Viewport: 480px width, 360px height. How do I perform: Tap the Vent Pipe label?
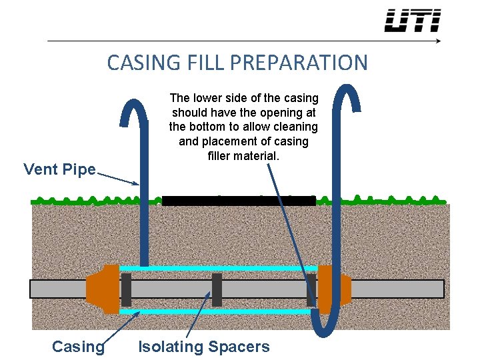pos(59,169)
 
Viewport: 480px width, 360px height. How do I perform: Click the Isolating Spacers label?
pos(203,347)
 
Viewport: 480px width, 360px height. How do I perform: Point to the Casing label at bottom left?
pos(78,347)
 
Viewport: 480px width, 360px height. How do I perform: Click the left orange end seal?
pos(102,289)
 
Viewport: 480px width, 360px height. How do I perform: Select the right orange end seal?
pos(333,289)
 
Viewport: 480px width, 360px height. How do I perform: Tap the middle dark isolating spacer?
pos(217,289)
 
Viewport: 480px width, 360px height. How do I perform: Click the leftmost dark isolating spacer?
pos(126,289)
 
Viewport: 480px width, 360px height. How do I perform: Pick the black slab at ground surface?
pos(239,201)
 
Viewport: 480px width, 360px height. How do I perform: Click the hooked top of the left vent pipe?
pos(133,107)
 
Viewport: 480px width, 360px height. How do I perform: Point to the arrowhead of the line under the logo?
pos(437,41)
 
